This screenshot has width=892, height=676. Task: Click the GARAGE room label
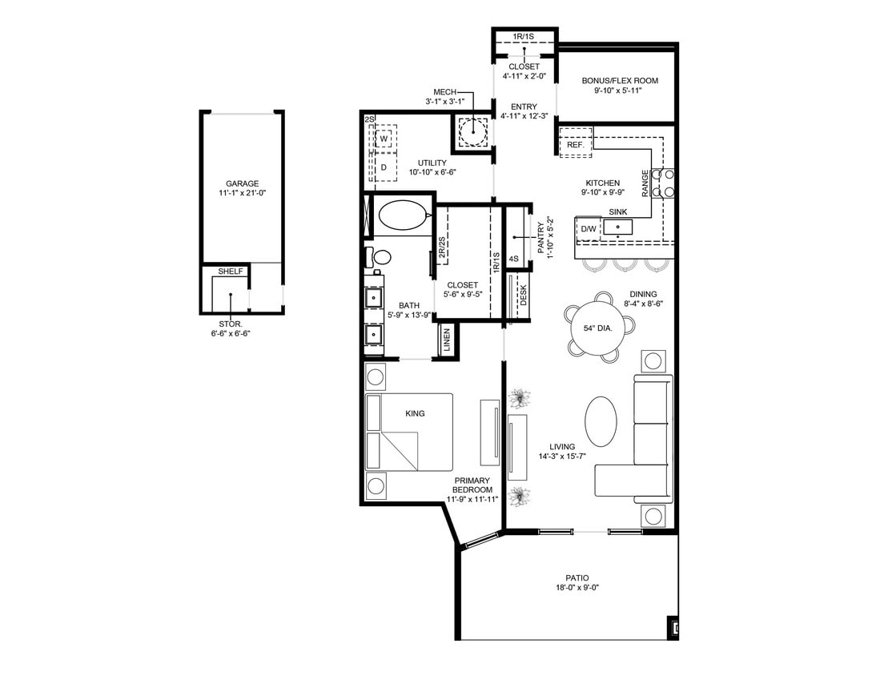[x=242, y=183]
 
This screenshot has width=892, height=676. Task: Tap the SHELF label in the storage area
[x=231, y=272]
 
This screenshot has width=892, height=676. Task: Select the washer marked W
[x=384, y=139]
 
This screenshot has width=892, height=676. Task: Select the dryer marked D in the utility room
[x=384, y=167]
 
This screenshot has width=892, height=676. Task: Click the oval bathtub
[x=404, y=215]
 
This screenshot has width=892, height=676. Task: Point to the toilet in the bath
[x=381, y=258]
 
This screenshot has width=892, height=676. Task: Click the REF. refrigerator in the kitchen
[x=574, y=145]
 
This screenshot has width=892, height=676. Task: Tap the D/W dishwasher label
[x=589, y=229]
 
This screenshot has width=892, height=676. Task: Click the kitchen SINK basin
[x=617, y=227]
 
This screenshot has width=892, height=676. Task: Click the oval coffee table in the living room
[x=601, y=421]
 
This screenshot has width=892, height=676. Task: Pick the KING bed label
[x=415, y=413]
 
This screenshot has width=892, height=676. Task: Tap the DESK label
[x=523, y=296]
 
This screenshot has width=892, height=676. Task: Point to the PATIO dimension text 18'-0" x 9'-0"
[x=577, y=588]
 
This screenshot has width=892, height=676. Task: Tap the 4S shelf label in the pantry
[x=514, y=259]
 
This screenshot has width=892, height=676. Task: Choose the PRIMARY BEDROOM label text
[x=472, y=485]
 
